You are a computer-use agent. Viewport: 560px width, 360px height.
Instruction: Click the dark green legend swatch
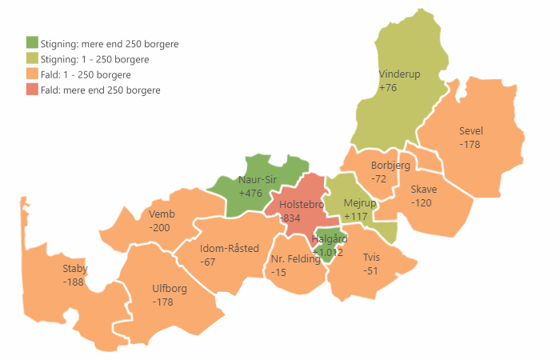tap(32, 43)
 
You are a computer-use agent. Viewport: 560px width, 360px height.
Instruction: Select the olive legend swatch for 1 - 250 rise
tap(32, 58)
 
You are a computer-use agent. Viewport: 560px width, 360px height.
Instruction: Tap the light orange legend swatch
tap(32, 74)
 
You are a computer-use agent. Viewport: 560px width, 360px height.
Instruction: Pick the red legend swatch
tap(32, 90)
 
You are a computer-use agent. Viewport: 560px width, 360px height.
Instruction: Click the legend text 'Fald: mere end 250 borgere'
tap(100, 90)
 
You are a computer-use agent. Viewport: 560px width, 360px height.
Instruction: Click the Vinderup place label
tap(399, 74)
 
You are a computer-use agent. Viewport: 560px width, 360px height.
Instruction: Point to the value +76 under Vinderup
tap(388, 87)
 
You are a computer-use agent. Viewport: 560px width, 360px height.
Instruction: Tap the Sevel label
tap(471, 131)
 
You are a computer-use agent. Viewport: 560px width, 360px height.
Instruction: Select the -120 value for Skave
tap(422, 203)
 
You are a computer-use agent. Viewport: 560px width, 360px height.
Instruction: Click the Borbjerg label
tap(390, 166)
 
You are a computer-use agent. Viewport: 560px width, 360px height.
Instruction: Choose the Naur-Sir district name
tap(257, 180)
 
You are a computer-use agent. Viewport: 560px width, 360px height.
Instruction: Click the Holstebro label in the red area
tap(301, 205)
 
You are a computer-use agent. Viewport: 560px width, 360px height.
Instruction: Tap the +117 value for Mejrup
tap(356, 217)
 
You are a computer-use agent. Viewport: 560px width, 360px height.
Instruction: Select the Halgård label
tap(329, 239)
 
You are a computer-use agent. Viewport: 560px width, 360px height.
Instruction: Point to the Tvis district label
tap(371, 258)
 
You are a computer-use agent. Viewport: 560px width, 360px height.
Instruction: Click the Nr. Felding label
tap(295, 259)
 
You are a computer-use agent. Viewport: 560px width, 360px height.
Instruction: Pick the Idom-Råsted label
tap(230, 249)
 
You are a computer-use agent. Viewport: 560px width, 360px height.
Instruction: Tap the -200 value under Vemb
tap(159, 227)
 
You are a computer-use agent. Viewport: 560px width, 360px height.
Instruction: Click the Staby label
tap(75, 269)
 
